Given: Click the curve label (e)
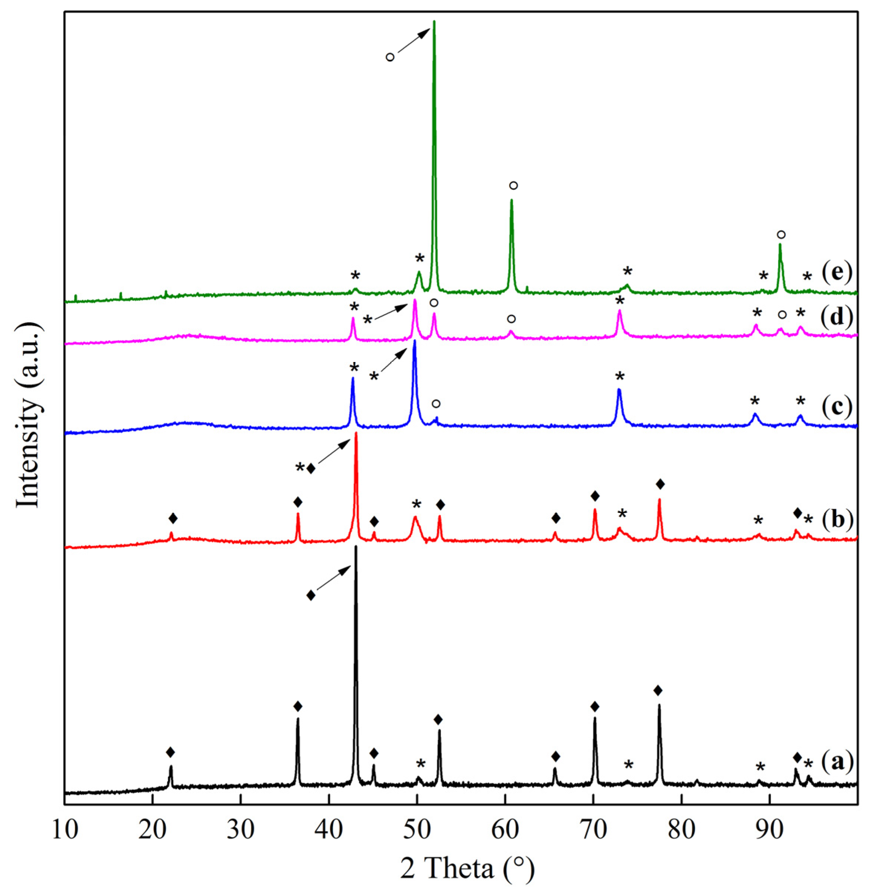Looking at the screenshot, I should (837, 273).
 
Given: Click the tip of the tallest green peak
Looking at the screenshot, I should (434, 22).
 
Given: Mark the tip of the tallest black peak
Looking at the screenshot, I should (356, 546).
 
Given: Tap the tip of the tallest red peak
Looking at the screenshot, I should (356, 433).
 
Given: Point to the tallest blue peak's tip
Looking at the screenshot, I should (414, 340).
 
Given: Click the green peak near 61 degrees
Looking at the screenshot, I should (512, 200).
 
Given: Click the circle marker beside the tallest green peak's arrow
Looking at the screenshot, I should (390, 57).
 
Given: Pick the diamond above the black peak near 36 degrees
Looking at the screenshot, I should (298, 707).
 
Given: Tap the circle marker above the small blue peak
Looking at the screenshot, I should (436, 404).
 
